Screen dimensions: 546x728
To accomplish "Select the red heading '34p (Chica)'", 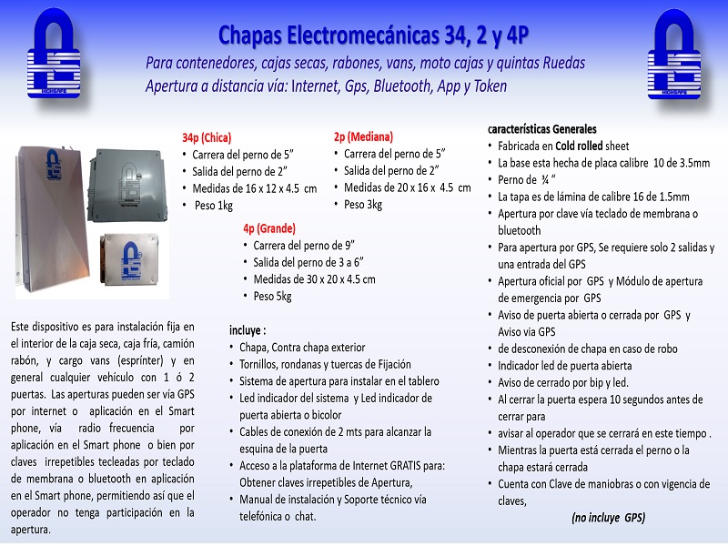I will click(x=207, y=138).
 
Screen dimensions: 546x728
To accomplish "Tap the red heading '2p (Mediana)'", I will click(x=363, y=136).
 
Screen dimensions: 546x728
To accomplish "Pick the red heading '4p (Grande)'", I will click(x=269, y=227).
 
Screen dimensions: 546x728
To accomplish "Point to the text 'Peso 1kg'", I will click(x=214, y=205).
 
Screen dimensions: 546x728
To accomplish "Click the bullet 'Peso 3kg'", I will click(x=363, y=204).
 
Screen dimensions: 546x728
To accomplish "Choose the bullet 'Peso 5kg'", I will click(x=273, y=296).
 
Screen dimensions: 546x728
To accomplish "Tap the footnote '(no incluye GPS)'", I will click(x=608, y=517).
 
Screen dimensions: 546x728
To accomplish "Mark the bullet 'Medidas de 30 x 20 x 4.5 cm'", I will click(x=314, y=279).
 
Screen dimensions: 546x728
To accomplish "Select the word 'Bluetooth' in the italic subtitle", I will click(x=400, y=86).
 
